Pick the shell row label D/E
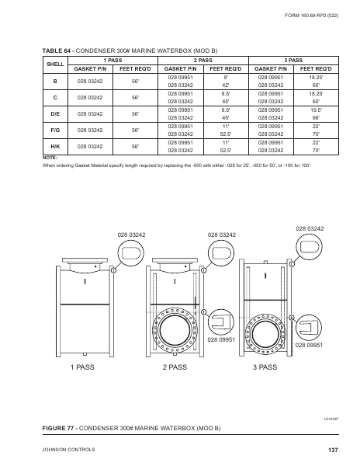pyautogui.click(x=55, y=115)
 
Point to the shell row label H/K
pyautogui.click(x=55, y=146)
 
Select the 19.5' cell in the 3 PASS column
pyautogui.click(x=317, y=110)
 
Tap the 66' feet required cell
pyautogui.click(x=317, y=118)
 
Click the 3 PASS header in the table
pyautogui.click(x=293, y=60)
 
